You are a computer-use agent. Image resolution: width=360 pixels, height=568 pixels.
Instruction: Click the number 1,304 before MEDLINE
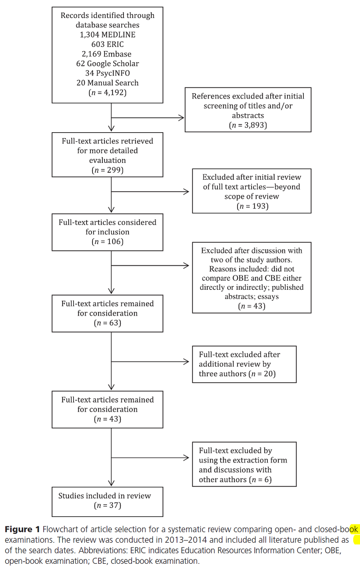tap(90, 35)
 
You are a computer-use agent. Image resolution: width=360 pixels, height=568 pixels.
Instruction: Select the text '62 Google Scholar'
tap(108, 64)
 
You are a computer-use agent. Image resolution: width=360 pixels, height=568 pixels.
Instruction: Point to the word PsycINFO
tap(112, 73)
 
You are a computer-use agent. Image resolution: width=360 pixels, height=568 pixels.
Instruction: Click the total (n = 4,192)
tap(108, 93)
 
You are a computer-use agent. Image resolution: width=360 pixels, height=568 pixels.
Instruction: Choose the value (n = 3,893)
tap(248, 125)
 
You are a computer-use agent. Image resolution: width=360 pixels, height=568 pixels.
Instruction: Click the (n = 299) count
tap(108, 170)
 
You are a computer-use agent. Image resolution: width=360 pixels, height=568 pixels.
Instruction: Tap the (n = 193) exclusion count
tap(251, 207)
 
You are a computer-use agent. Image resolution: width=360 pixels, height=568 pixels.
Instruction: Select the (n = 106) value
tap(108, 242)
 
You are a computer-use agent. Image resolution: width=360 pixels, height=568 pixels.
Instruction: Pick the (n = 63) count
tap(108, 323)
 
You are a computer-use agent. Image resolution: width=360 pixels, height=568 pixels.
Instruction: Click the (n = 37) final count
tap(108, 506)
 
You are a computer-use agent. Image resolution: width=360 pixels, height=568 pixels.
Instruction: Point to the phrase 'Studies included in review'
tap(104, 496)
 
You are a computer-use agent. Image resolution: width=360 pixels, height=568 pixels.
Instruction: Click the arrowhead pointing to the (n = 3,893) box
tap(182, 117)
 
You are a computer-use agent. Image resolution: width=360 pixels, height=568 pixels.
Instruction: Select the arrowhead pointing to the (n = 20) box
tap(187, 361)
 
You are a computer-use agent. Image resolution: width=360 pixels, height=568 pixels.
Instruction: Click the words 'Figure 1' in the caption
tap(22, 530)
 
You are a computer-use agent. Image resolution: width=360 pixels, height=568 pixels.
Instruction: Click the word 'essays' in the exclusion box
tap(268, 297)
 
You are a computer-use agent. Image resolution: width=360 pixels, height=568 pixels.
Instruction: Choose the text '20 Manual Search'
tap(108, 83)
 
